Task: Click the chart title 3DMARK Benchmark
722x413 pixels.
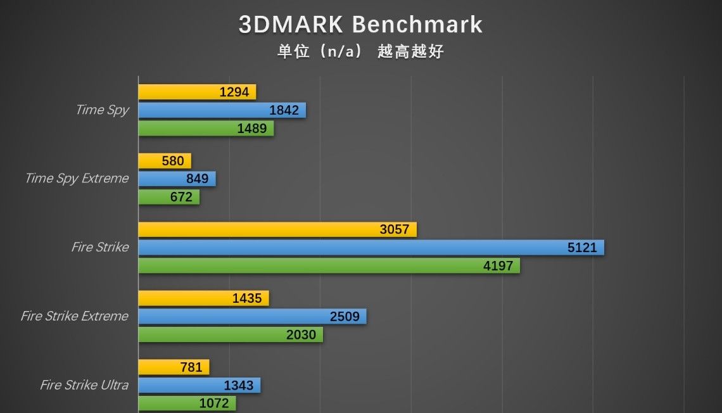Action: [360, 25]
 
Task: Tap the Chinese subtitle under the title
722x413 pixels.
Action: [360, 51]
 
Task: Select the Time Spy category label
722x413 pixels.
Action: [102, 110]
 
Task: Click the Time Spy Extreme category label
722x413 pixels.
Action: [77, 178]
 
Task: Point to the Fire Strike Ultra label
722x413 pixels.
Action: [84, 384]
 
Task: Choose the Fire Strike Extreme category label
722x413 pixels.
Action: [75, 315]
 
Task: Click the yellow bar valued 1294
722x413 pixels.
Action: [197, 92]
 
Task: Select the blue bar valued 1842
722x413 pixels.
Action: [222, 110]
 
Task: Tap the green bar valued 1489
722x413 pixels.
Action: [206, 129]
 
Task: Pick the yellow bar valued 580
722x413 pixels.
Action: [165, 161]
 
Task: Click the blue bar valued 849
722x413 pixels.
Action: [177, 179]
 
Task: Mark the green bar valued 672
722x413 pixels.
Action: [168, 197]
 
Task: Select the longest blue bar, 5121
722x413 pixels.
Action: [371, 248]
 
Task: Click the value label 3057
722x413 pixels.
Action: [395, 229]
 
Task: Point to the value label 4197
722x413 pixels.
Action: [498, 265]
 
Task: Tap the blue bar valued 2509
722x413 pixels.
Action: [252, 316]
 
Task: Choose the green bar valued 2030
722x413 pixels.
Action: [231, 334]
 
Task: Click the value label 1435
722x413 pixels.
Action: [247, 298]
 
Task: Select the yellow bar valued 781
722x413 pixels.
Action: [174, 367]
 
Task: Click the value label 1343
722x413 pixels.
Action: [238, 385]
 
